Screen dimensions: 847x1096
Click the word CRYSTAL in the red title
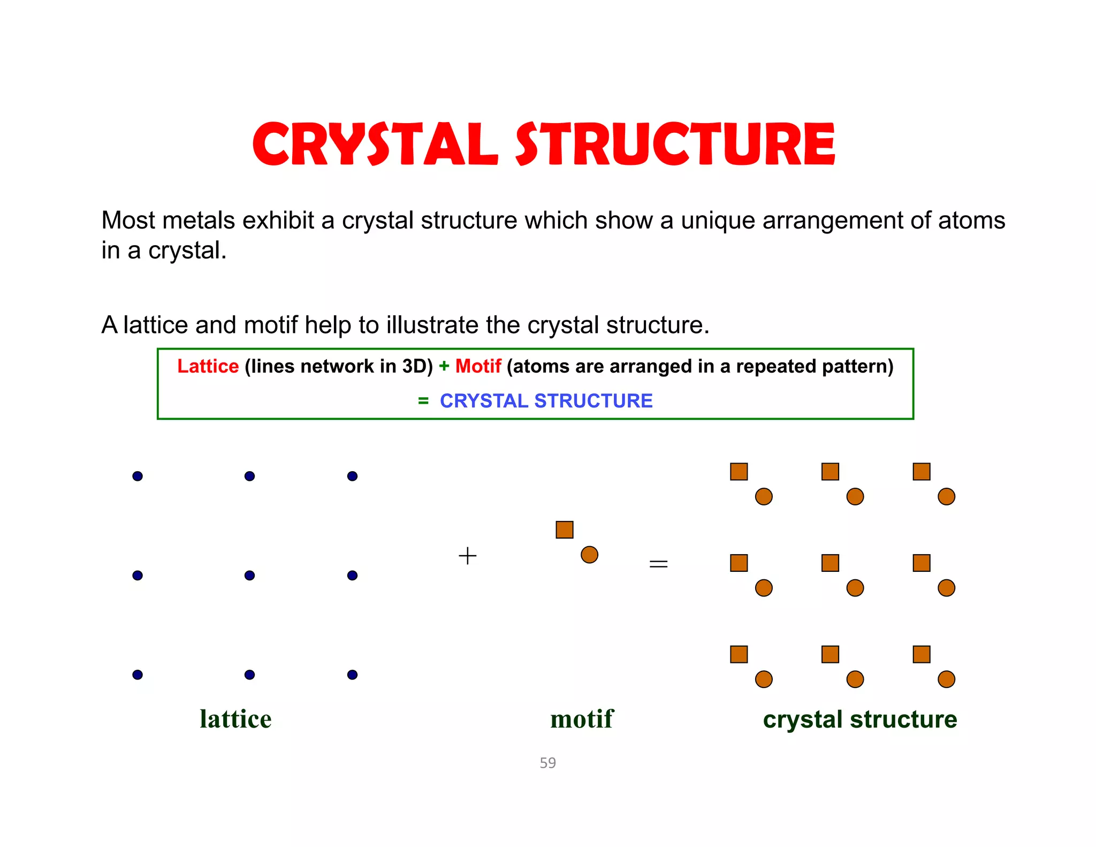[375, 145]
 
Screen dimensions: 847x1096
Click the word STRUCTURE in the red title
[675, 145]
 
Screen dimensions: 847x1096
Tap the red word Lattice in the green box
[208, 366]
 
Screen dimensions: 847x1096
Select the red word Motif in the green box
[478, 366]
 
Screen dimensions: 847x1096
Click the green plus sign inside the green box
[444, 366]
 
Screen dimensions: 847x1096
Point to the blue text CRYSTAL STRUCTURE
[546, 401]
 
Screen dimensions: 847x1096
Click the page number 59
[547, 762]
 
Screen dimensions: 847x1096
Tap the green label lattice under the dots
[235, 719]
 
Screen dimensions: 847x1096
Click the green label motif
[582, 719]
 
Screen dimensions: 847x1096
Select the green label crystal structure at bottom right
[859, 719]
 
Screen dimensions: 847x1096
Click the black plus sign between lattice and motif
[467, 556]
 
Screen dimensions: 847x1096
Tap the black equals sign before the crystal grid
[658, 564]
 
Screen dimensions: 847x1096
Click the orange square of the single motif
[564, 530]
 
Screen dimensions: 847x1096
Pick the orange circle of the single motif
[589, 555]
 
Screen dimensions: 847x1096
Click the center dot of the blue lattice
[249, 576]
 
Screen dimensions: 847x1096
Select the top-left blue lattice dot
[138, 476]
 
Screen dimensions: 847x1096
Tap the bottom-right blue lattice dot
[352, 675]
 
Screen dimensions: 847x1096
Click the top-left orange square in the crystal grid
[739, 472]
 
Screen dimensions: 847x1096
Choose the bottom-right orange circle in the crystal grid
[946, 679]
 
